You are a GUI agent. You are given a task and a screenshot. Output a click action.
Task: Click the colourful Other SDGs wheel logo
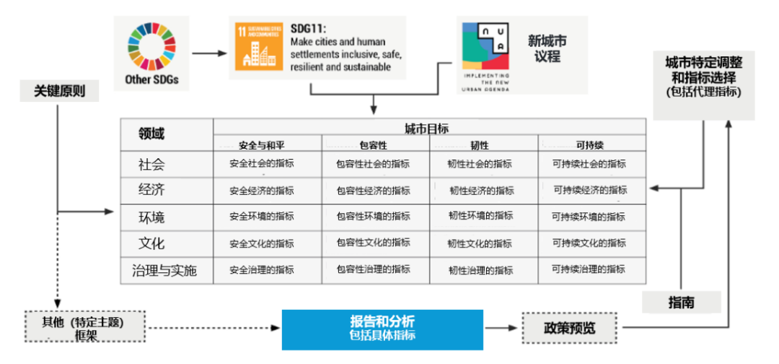click(151, 45)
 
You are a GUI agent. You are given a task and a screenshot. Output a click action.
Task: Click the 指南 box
click(682, 303)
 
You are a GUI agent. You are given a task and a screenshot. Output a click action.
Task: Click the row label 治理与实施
click(164, 271)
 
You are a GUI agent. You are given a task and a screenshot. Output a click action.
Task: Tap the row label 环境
click(152, 217)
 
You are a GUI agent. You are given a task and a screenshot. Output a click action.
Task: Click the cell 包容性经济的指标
click(373, 191)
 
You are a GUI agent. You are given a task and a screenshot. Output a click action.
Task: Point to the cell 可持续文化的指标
click(588, 243)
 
